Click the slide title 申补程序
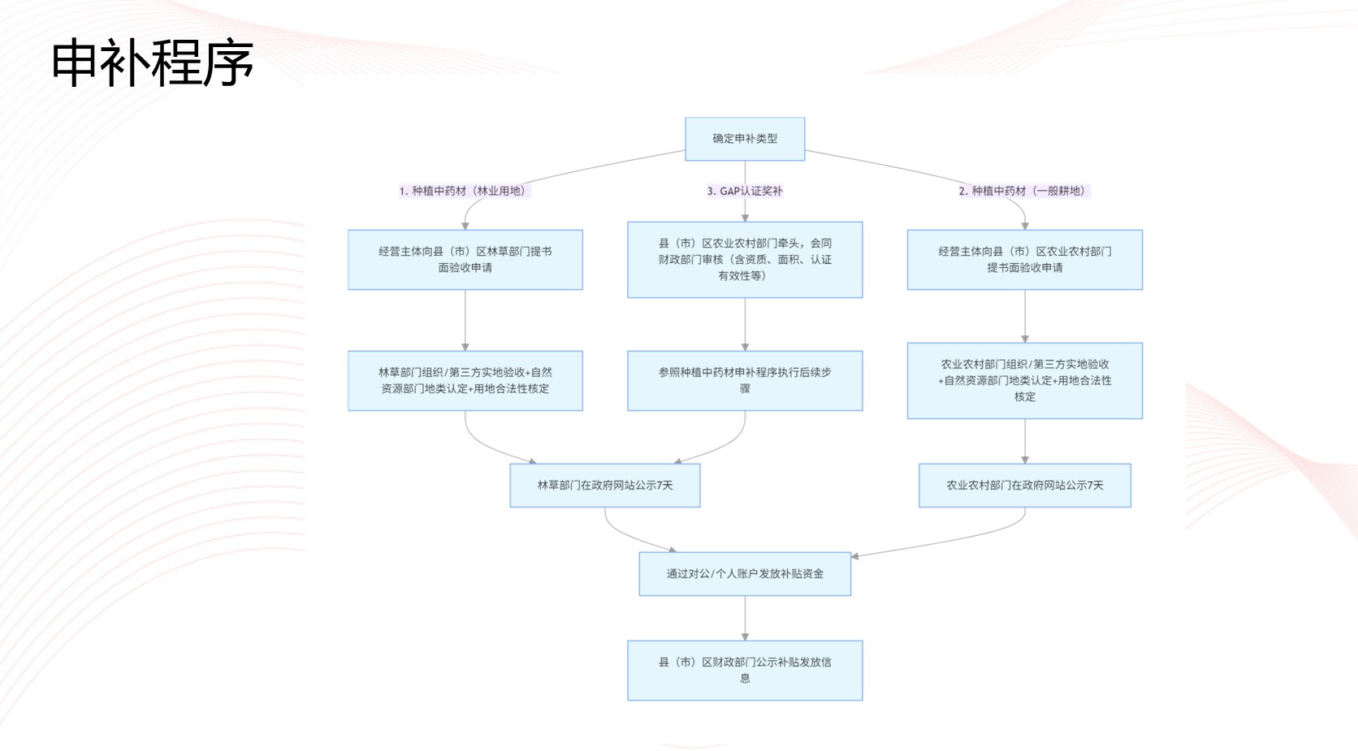pyautogui.click(x=152, y=63)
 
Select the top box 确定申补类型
pyautogui.click(x=745, y=139)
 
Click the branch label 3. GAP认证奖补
pyautogui.click(x=745, y=191)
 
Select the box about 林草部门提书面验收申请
pyautogui.click(x=465, y=260)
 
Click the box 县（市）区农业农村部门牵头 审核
pyautogui.click(x=745, y=260)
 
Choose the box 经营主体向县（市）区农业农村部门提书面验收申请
pyautogui.click(x=1024, y=260)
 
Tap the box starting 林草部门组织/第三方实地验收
pyautogui.click(x=465, y=381)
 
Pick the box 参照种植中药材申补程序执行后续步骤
pyautogui.click(x=745, y=381)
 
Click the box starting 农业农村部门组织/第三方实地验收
pyautogui.click(x=1024, y=381)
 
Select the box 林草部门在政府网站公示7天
pyautogui.click(x=605, y=486)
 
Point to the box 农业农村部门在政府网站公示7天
pyautogui.click(x=1024, y=486)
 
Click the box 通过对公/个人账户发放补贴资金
pyautogui.click(x=745, y=574)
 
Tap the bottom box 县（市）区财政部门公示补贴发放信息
pyautogui.click(x=745, y=671)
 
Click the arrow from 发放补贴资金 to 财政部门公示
pyautogui.click(x=745, y=619)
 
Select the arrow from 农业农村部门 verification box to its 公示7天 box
pyautogui.click(x=1025, y=442)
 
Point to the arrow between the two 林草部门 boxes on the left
pyautogui.click(x=465, y=320)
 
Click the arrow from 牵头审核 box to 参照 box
pyautogui.click(x=745, y=324)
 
